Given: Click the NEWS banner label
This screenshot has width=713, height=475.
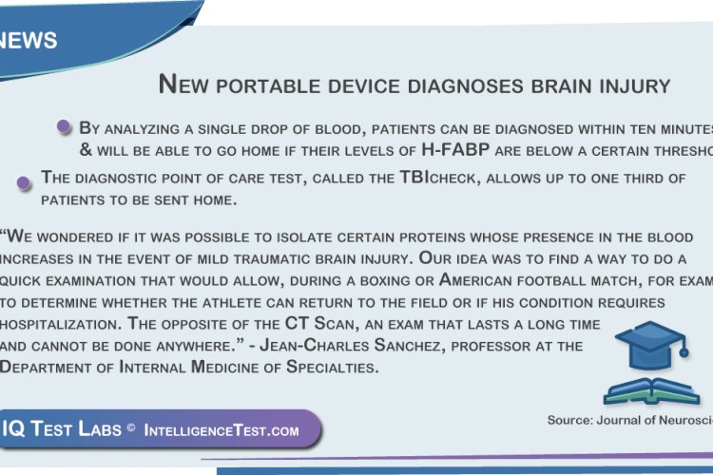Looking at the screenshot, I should point(29,41).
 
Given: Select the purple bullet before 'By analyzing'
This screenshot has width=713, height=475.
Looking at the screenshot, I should point(64,126).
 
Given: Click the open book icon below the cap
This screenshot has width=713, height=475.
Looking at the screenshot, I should point(651,389).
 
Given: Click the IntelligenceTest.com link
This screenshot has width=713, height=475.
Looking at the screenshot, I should point(221,430).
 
